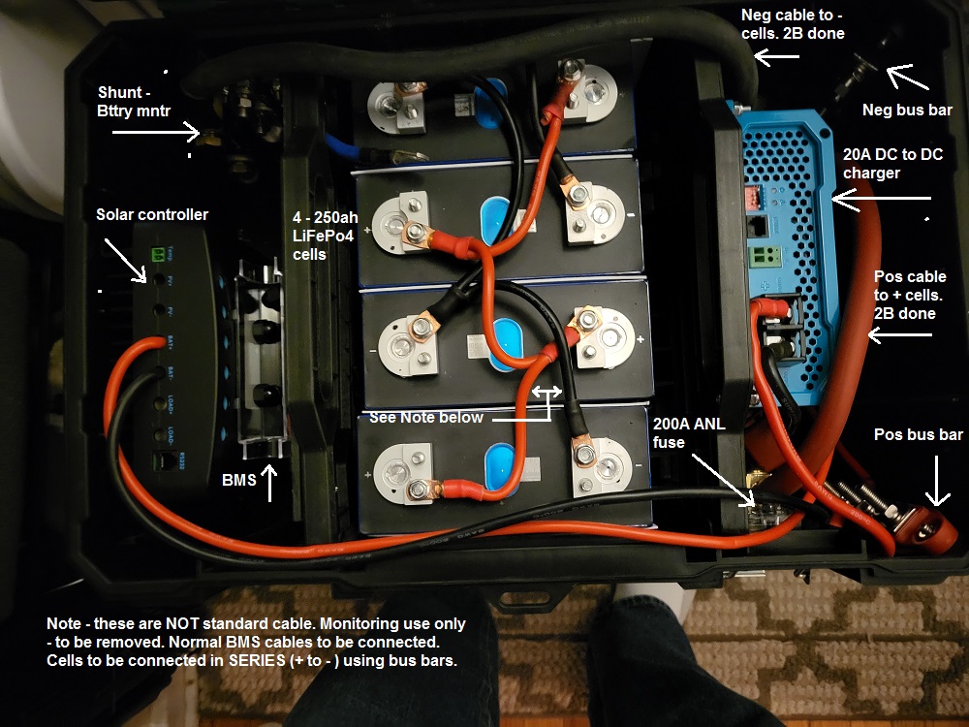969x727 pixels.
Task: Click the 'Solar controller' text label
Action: [152, 214]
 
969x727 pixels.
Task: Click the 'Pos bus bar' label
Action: [918, 434]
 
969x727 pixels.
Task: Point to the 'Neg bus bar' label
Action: [907, 111]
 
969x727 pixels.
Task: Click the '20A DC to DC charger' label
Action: [892, 164]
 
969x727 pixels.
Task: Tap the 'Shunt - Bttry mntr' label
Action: [130, 103]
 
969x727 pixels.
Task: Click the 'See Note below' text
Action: [426, 418]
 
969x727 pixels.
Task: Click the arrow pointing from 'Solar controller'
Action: [128, 260]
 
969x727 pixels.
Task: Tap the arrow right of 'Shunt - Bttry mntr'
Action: [156, 130]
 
